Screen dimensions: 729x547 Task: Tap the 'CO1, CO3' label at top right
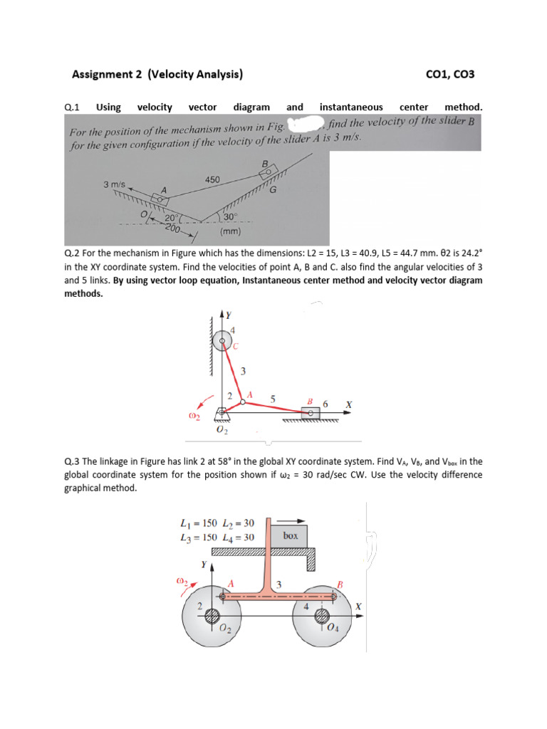pos(449,73)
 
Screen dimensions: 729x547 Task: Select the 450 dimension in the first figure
pos(212,179)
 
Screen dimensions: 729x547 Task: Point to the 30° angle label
pos(230,216)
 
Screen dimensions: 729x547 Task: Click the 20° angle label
pos(172,219)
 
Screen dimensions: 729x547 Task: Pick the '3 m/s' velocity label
pos(115,184)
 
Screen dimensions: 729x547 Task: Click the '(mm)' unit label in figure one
pos(231,232)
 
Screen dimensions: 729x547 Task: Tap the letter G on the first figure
pos(273,190)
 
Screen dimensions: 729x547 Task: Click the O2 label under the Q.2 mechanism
pos(222,431)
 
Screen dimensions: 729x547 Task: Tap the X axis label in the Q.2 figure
pos(348,404)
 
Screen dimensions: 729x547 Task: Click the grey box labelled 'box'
pos(289,535)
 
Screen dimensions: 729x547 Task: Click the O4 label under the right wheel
pos(333,626)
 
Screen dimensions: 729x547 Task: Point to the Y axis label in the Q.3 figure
pos(203,565)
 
